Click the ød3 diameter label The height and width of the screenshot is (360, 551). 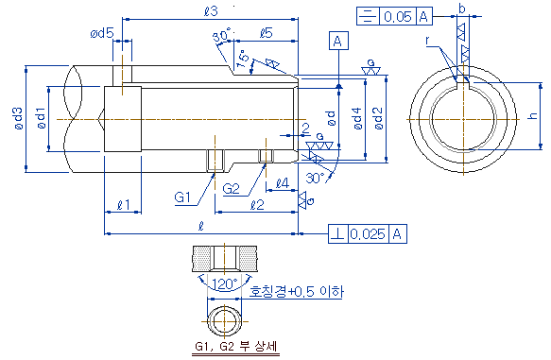point(19,118)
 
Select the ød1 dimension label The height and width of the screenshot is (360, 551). point(42,118)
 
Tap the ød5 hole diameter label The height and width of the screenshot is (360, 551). point(102,33)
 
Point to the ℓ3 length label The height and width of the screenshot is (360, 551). point(211,11)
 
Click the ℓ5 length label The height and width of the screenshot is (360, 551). point(267,33)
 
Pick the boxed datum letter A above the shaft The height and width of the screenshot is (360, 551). point(338,41)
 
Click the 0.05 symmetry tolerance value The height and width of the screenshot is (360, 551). point(398,16)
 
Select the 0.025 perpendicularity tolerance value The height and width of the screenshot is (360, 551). point(368,234)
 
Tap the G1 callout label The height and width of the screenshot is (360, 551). point(182,197)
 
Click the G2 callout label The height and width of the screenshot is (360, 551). point(231,189)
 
